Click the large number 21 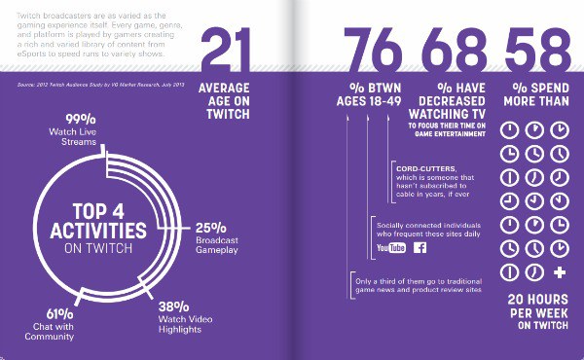pyautogui.click(x=227, y=51)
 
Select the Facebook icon pyautogui.click(x=420, y=249)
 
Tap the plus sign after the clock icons pyautogui.click(x=559, y=270)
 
